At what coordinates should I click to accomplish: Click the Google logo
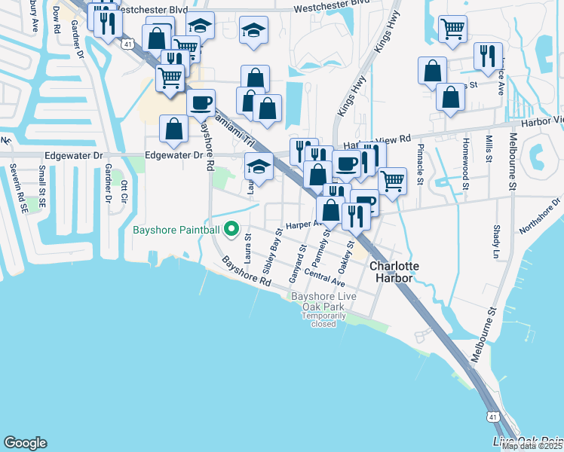coord(25,443)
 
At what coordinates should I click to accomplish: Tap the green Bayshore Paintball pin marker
coord(232,230)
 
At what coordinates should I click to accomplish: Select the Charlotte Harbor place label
coord(390,272)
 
